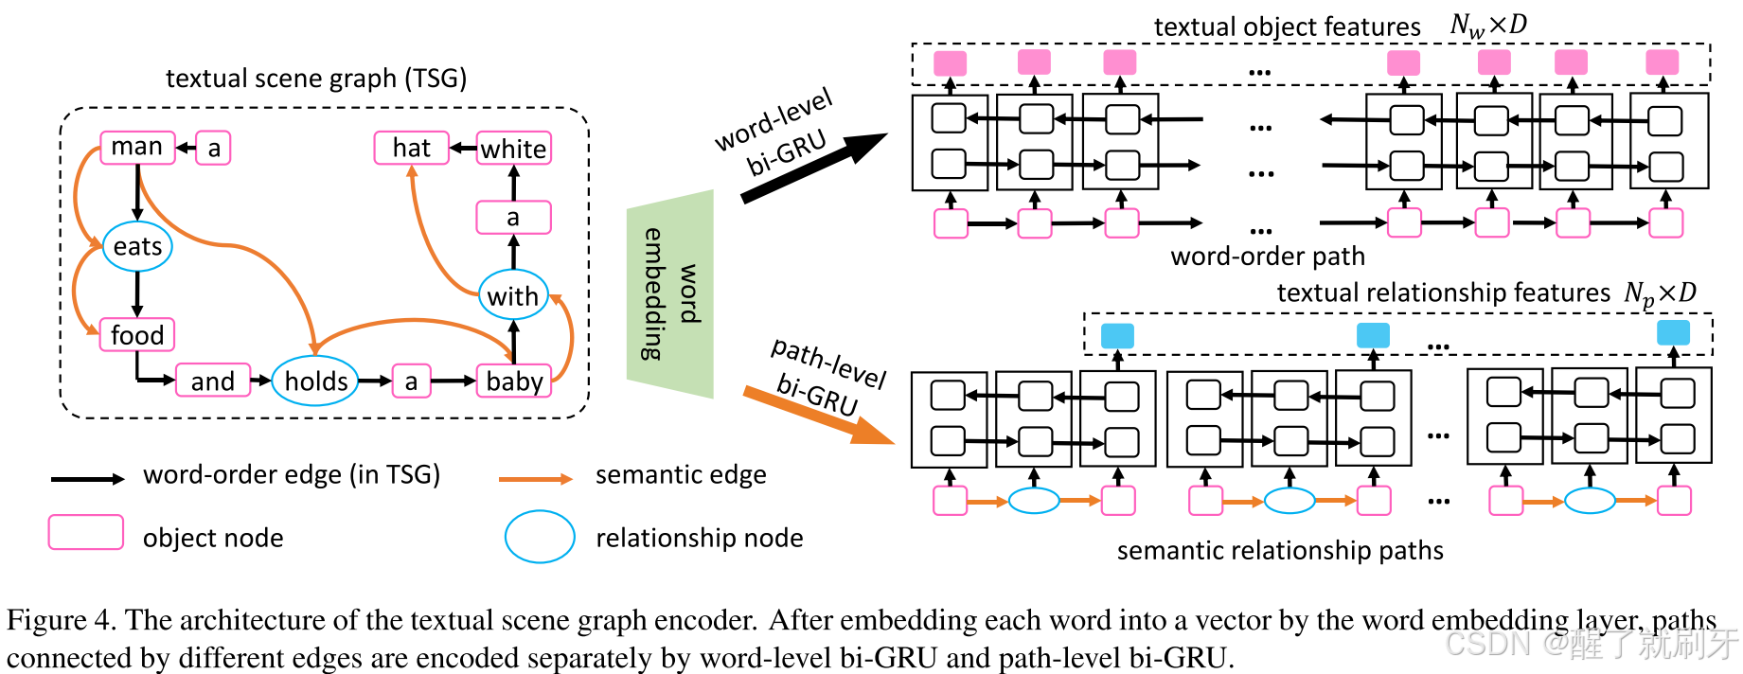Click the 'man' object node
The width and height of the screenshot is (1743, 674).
(137, 148)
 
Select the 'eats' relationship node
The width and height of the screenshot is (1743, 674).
(137, 247)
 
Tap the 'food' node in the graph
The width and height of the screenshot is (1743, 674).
(137, 335)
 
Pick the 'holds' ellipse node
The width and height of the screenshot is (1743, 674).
(315, 381)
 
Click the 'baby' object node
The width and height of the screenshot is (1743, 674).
(514, 381)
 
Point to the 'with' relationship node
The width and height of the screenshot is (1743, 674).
(512, 296)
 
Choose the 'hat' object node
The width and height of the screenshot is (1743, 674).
(411, 148)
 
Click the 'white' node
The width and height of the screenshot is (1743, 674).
(513, 149)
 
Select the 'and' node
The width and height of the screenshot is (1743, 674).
(213, 381)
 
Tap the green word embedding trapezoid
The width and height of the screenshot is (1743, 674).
(670, 293)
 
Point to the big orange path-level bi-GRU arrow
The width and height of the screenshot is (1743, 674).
(819, 415)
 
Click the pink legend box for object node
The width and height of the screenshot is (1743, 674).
(86, 532)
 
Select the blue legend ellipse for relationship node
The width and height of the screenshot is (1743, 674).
(540, 537)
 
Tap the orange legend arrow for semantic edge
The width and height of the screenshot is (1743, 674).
(536, 479)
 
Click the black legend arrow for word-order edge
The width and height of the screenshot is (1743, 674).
(87, 479)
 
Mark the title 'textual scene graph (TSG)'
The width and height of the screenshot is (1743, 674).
(316, 78)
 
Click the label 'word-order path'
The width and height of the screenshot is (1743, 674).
(1268, 257)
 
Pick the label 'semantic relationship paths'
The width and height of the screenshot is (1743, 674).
(1280, 551)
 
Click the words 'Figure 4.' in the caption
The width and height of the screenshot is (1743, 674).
(60, 620)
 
